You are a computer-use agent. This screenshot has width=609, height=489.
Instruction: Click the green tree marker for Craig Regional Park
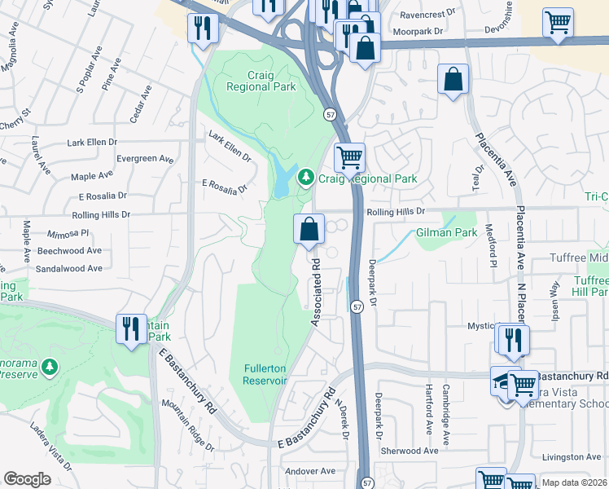point(305,176)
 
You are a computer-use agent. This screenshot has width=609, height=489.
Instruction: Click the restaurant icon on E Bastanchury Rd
point(131,328)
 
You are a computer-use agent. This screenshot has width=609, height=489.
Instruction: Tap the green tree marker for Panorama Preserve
point(51,368)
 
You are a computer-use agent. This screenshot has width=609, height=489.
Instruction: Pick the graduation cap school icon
point(503,380)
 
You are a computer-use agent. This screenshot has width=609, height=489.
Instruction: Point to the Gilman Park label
point(446,232)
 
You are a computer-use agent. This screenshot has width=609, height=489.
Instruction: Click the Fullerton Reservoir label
point(265,374)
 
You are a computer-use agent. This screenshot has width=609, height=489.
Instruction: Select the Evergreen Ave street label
point(146,159)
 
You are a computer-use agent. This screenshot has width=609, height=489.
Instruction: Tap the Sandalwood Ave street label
point(69,267)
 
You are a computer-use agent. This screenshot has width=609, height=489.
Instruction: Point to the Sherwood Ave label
point(414,451)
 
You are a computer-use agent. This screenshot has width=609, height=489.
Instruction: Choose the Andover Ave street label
point(310,471)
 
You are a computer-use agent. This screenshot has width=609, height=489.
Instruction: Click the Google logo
point(27,479)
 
